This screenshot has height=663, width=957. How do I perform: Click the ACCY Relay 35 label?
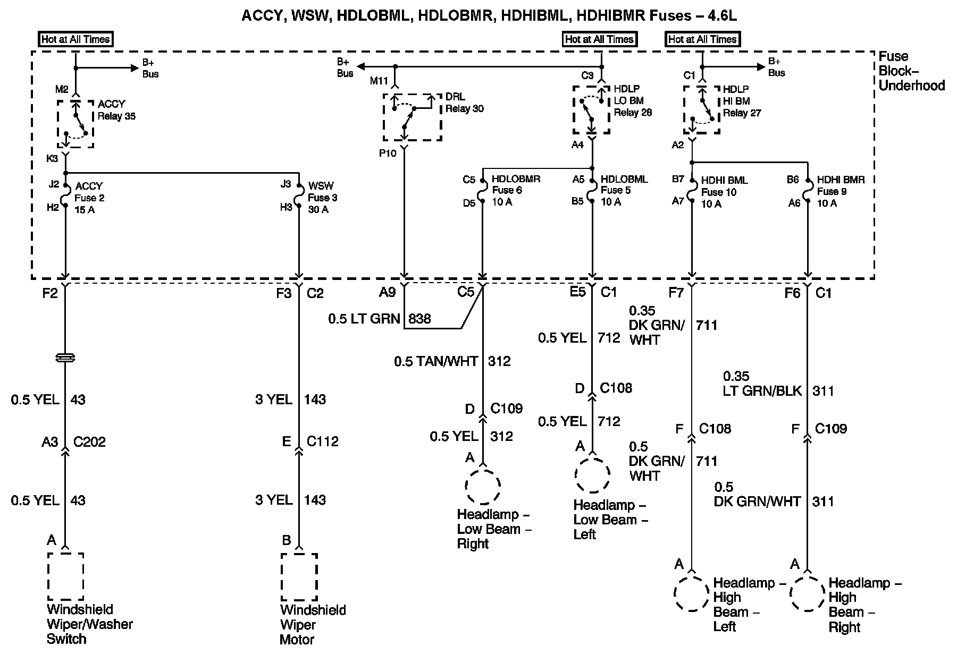tap(116, 110)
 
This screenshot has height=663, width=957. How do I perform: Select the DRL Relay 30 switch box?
tap(412, 117)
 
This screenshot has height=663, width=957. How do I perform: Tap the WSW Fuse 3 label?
tap(322, 198)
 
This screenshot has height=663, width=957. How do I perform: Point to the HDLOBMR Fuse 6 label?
tap(515, 190)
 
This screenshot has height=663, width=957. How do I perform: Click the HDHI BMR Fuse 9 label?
tap(840, 191)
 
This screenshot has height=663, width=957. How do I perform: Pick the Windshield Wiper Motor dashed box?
tap(299, 577)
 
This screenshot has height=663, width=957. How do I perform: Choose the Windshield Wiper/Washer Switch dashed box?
tap(65, 577)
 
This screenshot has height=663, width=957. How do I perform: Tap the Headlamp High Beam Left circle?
tap(692, 593)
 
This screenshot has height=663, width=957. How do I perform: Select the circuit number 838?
tap(419, 319)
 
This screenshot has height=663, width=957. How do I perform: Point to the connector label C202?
tap(89, 442)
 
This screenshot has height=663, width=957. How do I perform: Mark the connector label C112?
tap(323, 441)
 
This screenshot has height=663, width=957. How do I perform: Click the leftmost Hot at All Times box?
tap(75, 39)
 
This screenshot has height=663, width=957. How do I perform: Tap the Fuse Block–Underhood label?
tap(911, 71)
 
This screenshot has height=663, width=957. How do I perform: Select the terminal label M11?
tap(380, 81)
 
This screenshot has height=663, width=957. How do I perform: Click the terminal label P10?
tap(388, 154)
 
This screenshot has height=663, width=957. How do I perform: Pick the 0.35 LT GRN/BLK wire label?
tap(762, 384)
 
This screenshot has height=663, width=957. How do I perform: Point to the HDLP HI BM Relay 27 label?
tap(742, 101)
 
